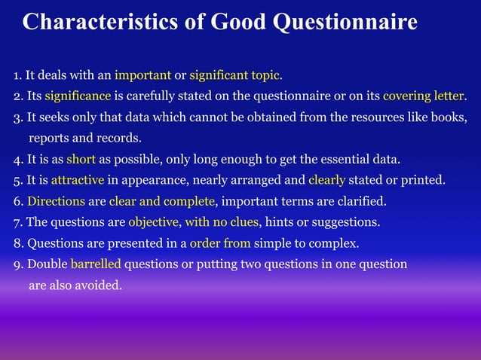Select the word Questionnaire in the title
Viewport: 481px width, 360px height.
point(344,23)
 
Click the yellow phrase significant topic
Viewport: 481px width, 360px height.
point(234,75)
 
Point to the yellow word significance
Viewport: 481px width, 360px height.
point(78,96)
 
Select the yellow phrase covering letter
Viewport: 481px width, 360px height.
point(424,96)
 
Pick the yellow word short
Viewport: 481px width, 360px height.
point(81,160)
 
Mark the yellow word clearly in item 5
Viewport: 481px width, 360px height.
point(326,181)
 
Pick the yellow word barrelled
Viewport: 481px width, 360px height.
point(96,264)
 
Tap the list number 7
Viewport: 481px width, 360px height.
point(17,223)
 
